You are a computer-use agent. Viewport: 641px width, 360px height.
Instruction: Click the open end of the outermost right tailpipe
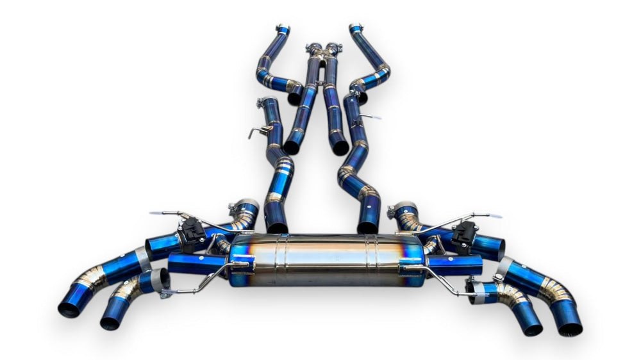pyautogui.click(x=570, y=329)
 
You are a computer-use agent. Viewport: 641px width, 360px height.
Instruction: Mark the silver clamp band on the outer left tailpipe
pyautogui.click(x=143, y=258)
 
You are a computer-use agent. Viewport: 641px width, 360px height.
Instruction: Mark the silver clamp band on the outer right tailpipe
pyautogui.click(x=503, y=266)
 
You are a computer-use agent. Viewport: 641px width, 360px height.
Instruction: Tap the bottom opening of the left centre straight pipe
pyautogui.click(x=292, y=147)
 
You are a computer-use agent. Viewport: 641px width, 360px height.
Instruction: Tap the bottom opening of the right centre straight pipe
pyautogui.click(x=340, y=148)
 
